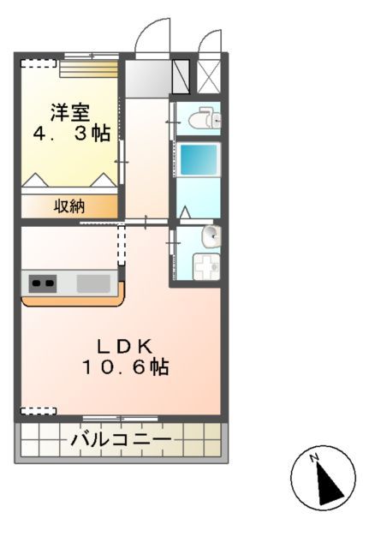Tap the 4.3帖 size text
coord(72,134)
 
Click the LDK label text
coord(123,346)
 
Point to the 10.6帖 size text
coord(125,367)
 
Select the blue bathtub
coord(199,160)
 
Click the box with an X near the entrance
coord(209,74)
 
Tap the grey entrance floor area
coord(147,77)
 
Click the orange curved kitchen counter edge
coord(73,301)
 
